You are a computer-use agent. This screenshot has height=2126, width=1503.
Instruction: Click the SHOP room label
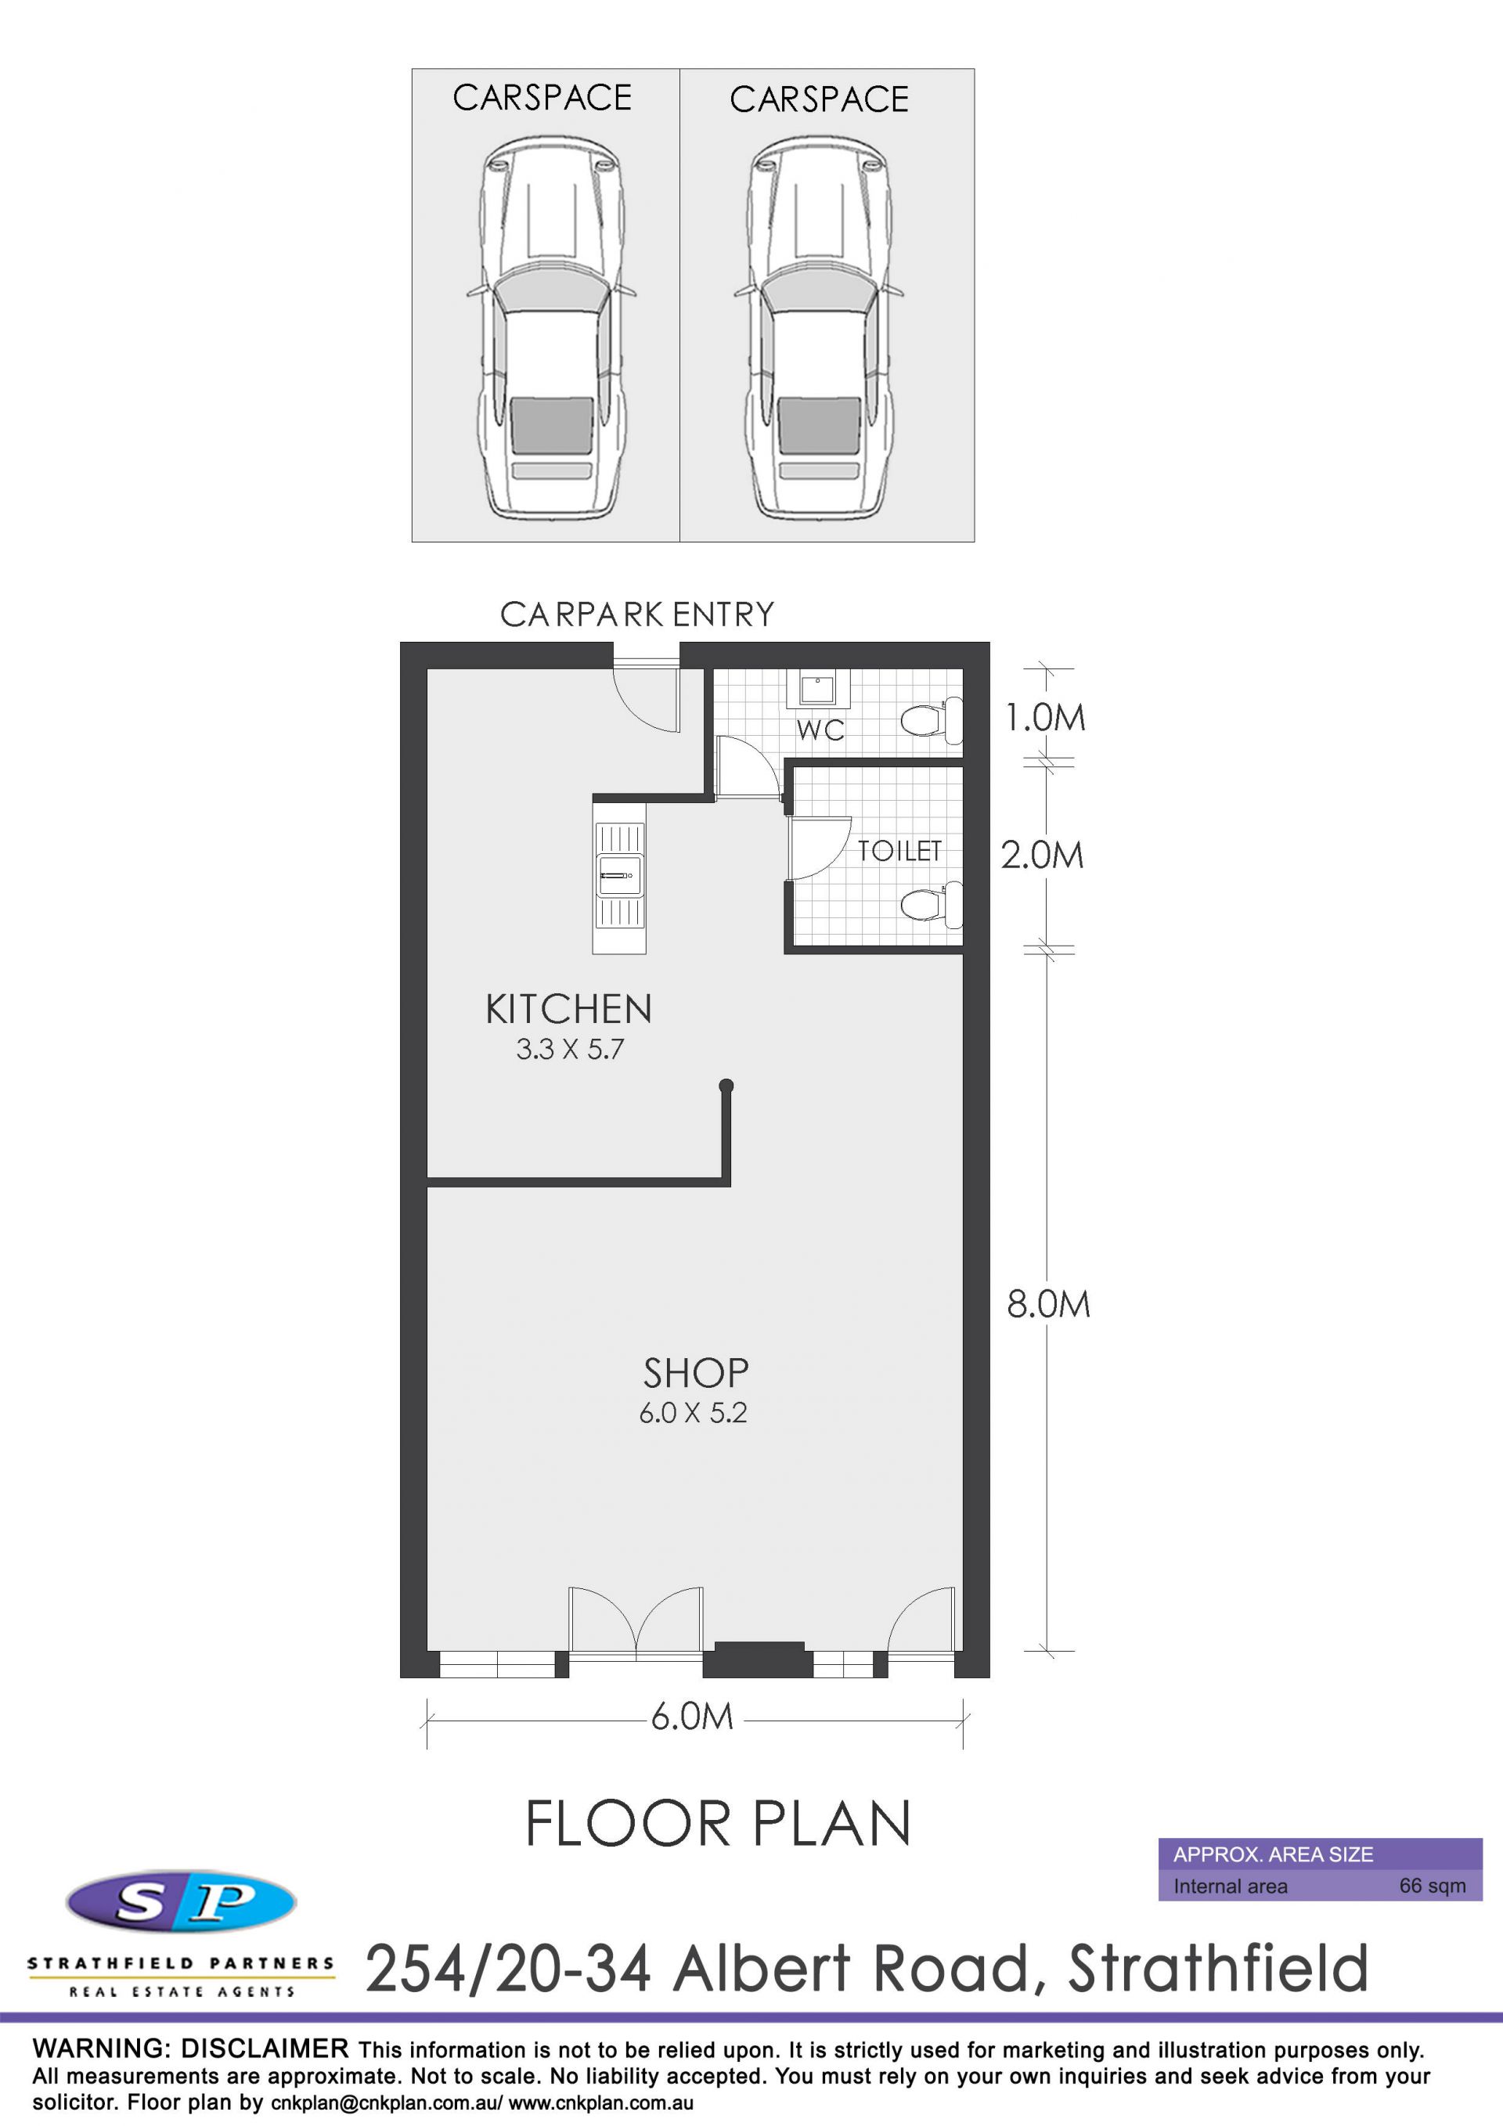[x=695, y=1373]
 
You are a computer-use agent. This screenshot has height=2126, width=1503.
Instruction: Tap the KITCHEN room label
[x=568, y=1009]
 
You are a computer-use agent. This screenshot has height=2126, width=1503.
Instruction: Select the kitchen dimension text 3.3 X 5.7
[x=570, y=1049]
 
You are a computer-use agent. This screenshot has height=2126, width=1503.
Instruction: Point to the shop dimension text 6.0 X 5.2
[x=693, y=1413]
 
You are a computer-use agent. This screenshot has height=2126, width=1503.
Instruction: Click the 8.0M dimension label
[x=1048, y=1304]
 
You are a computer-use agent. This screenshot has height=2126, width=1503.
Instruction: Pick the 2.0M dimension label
[x=1042, y=855]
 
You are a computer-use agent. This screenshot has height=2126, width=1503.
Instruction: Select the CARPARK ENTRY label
[x=637, y=614]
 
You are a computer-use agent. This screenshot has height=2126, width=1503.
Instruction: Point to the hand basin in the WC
[x=818, y=689]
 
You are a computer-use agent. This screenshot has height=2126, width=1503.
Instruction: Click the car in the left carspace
[x=546, y=326]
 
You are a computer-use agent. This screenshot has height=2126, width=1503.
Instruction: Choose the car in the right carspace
[x=820, y=326]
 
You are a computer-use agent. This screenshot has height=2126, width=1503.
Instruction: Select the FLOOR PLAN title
[x=718, y=1823]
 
